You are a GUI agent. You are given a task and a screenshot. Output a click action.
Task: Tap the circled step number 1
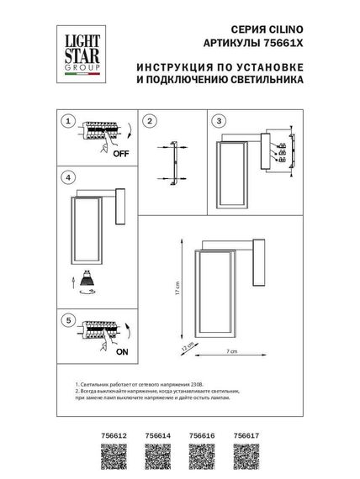pos(69,122)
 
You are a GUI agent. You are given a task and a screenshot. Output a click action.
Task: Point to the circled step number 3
pos(220,122)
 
